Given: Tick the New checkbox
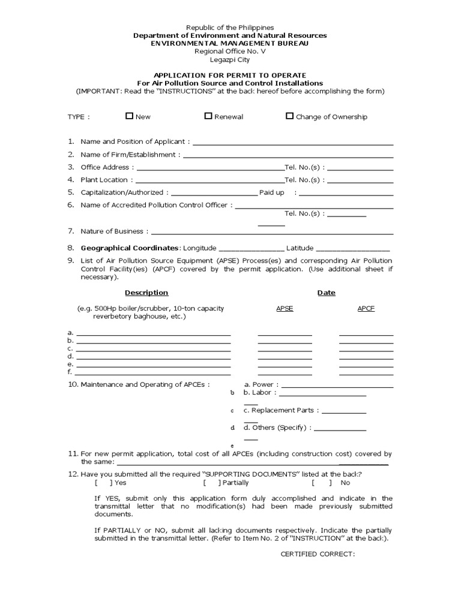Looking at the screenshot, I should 129,116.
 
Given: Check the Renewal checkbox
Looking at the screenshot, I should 208,116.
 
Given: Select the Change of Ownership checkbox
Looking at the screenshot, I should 290,116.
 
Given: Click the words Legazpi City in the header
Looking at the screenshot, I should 230,59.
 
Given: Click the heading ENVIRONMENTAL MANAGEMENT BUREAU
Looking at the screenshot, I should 230,44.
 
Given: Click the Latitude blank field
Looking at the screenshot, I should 352,249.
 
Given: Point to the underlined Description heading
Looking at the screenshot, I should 146,293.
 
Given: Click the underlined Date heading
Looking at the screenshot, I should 327,293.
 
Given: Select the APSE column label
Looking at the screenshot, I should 285,308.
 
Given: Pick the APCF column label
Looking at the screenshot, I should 366,308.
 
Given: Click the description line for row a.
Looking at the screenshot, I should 153,335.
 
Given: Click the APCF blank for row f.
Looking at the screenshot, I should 366,374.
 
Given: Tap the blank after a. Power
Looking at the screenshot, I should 337,387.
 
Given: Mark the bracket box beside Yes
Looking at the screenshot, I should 103,483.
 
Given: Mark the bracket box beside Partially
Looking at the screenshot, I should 211,483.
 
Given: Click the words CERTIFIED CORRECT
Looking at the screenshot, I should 318,554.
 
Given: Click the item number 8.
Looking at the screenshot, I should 71,248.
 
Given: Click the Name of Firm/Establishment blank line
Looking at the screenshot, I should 288,156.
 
